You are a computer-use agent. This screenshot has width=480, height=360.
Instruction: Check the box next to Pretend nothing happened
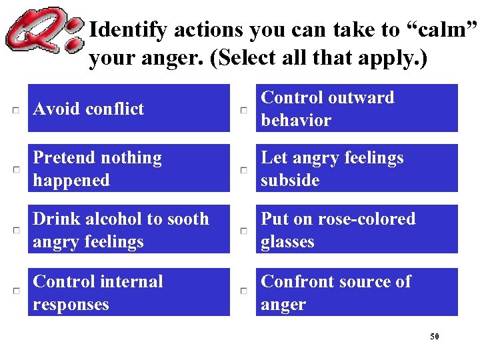[x=15, y=169]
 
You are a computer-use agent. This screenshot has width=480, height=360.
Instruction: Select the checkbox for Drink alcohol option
[x=15, y=230]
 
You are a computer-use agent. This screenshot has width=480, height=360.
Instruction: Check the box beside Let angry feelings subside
[x=244, y=169]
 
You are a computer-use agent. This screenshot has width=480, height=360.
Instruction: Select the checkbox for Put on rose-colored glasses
[x=244, y=230]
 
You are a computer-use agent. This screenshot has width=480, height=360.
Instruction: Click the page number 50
[x=435, y=337]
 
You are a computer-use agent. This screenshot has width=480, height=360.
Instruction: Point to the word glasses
[x=287, y=242]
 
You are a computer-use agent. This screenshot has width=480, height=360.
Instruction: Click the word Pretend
[x=62, y=158]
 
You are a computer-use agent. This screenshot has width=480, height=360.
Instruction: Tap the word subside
[x=290, y=181]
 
